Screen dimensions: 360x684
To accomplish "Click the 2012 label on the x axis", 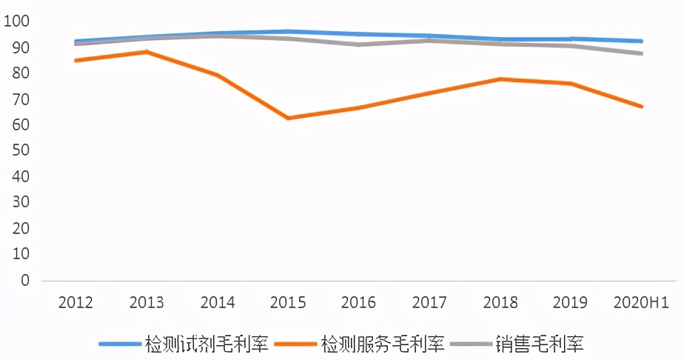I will tap(75, 303).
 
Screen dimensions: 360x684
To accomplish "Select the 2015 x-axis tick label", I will tap(287, 303).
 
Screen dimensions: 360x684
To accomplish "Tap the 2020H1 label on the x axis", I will tap(642, 303).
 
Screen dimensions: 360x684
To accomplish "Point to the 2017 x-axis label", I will tap(429, 303).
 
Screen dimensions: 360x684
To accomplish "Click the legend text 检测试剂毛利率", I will tap(207, 344).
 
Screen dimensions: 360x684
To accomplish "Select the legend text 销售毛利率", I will tap(541, 344).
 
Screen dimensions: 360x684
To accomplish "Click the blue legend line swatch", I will tap(119, 344).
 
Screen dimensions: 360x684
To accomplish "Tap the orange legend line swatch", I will tap(295, 344).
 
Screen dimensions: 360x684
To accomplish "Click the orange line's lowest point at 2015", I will tap(287, 118).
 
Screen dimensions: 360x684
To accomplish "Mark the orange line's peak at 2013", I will tap(146, 52).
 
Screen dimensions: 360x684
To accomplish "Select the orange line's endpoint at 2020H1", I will tap(641, 107).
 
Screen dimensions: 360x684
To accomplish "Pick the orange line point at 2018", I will tap(500, 79).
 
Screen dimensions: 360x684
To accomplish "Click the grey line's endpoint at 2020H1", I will tap(641, 53).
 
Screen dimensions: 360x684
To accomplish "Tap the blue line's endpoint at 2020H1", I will tap(641, 41).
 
